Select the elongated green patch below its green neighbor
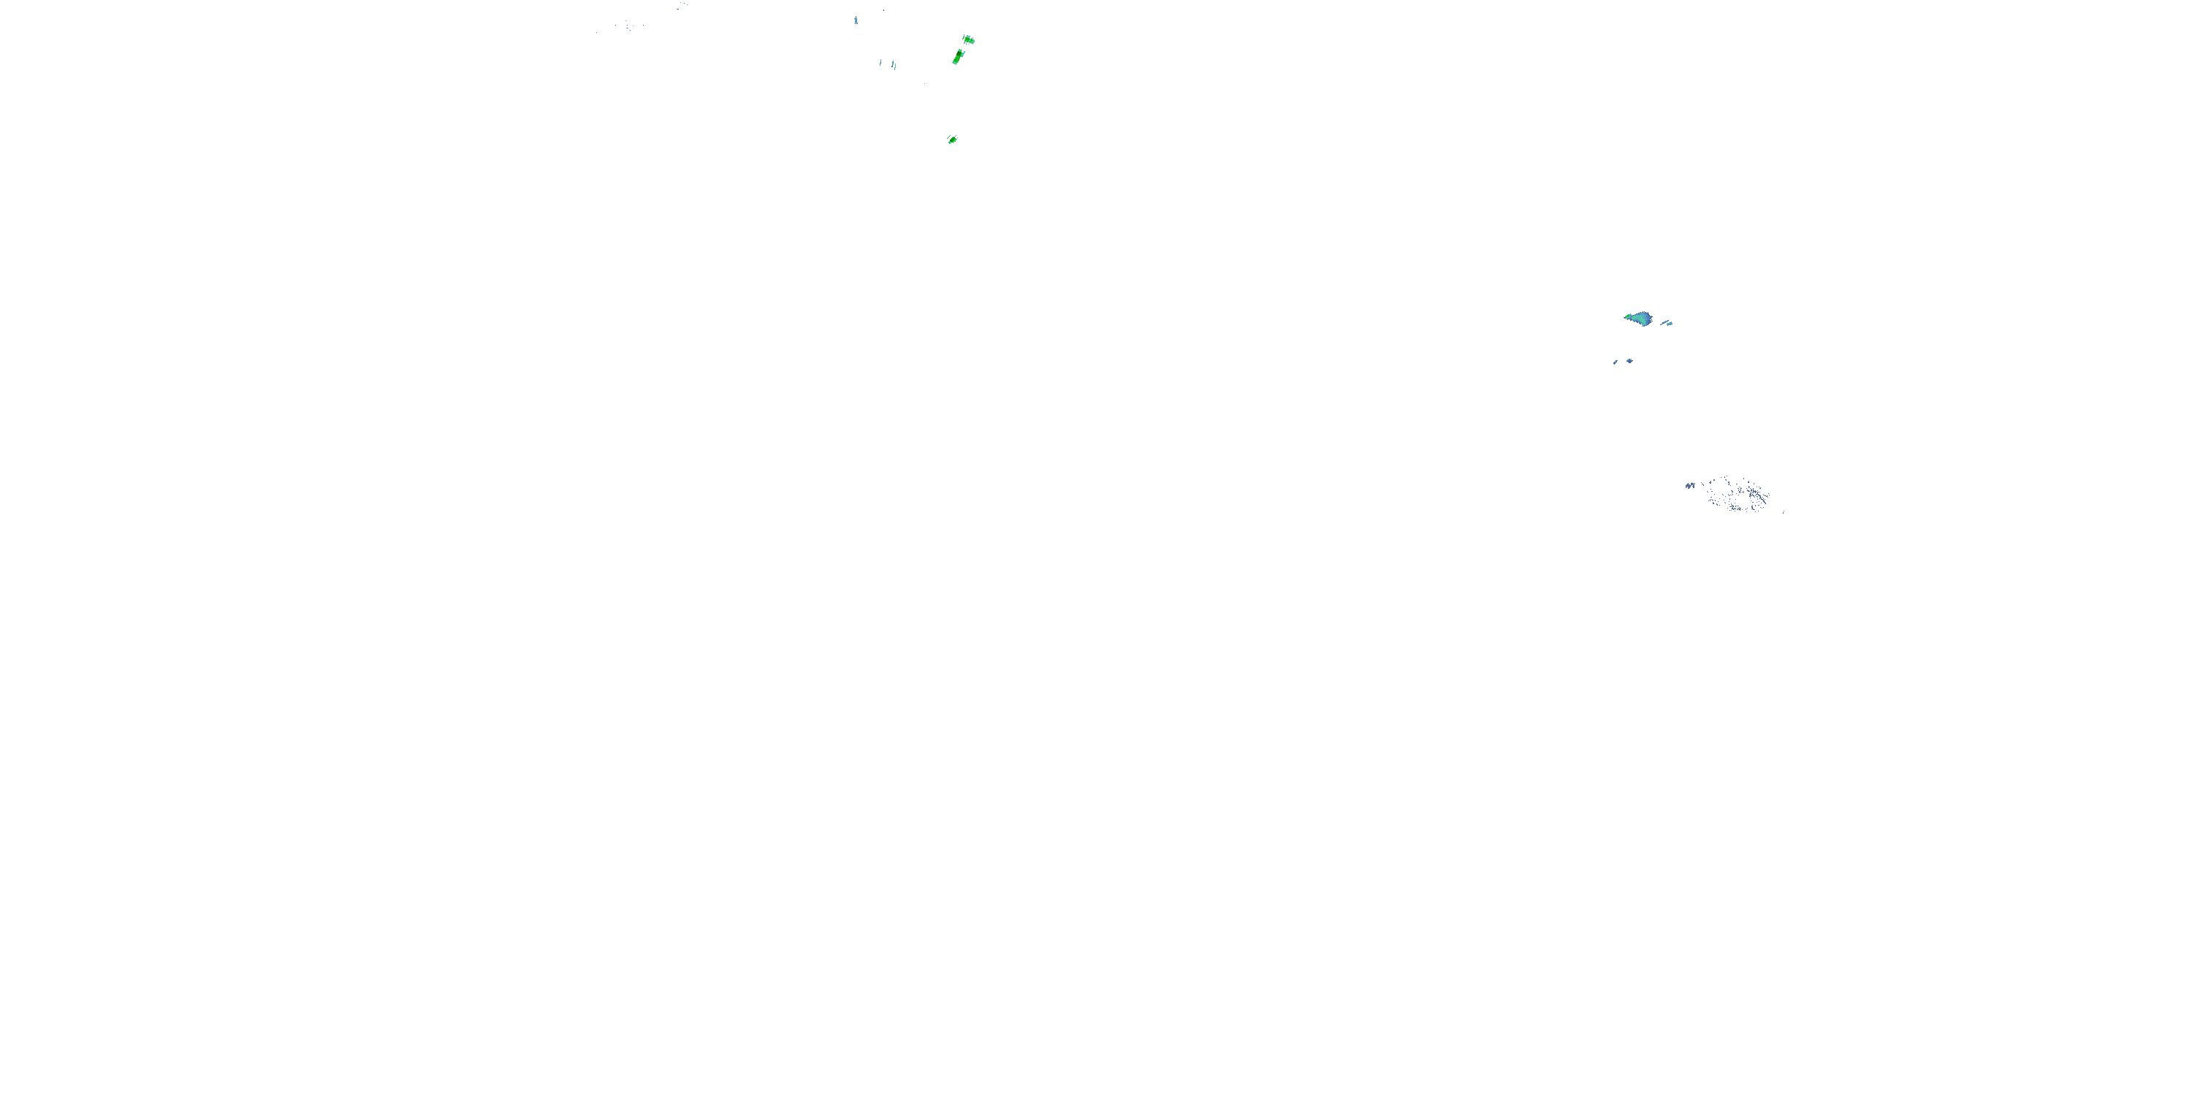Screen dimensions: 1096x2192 [958, 57]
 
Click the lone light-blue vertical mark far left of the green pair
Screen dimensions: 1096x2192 [856, 20]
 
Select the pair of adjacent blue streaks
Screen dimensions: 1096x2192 [894, 65]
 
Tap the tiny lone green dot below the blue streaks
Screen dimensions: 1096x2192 [924, 83]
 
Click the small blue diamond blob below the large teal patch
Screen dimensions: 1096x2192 [1629, 361]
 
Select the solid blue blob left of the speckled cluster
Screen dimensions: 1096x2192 [1690, 486]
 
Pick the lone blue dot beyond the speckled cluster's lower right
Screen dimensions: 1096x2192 [1783, 512]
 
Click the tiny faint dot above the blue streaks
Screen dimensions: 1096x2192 [883, 10]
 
